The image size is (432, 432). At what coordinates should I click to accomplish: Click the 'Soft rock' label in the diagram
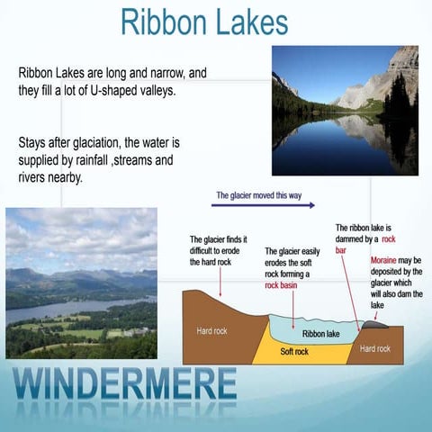294,351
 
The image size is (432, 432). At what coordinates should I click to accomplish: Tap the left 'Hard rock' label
211,331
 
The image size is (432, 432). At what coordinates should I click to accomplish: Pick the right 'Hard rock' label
374,348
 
